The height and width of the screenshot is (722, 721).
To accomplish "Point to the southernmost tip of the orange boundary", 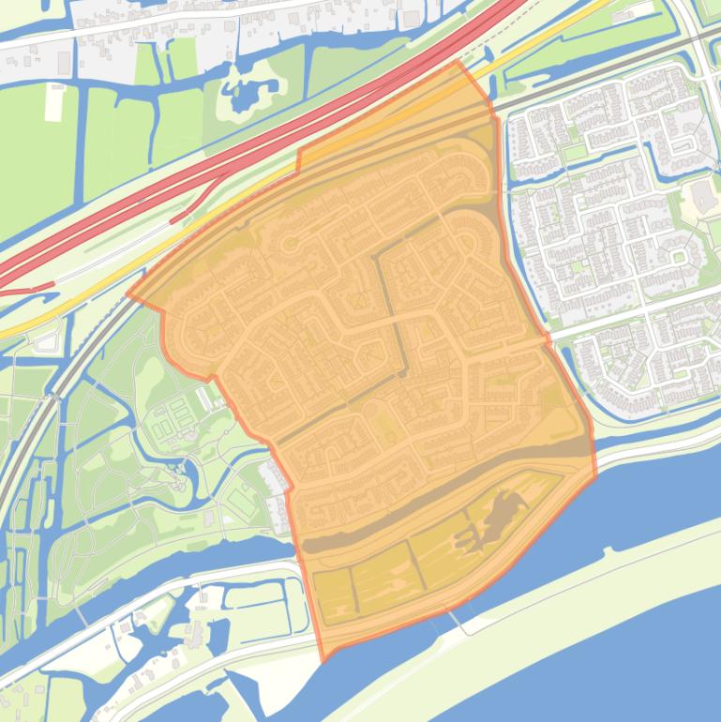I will (323, 662).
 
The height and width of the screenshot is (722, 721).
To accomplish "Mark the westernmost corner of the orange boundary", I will (128, 297).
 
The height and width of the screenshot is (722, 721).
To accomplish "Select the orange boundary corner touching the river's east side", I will (596, 475).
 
